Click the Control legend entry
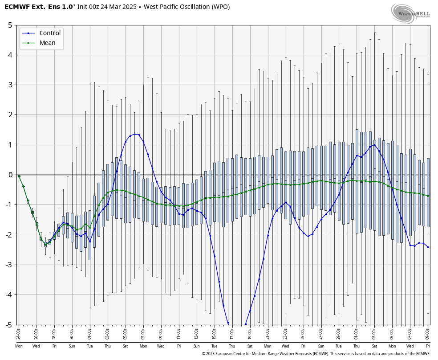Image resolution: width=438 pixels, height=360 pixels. click(50, 33)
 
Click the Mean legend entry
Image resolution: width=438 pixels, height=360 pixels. click(47, 43)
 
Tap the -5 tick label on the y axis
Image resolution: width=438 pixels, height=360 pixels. click(8, 325)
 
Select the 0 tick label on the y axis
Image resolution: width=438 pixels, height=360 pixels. click(10, 175)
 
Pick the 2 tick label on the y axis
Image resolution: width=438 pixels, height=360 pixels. click(10, 115)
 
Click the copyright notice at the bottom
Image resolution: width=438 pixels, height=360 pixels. click(316, 354)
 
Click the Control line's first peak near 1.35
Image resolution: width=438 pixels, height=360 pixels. click(134, 134)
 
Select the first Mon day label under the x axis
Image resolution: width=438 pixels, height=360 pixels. click(19, 346)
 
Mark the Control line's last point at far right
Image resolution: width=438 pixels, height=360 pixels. click(428, 247)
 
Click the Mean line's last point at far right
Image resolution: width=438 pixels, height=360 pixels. click(428, 196)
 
